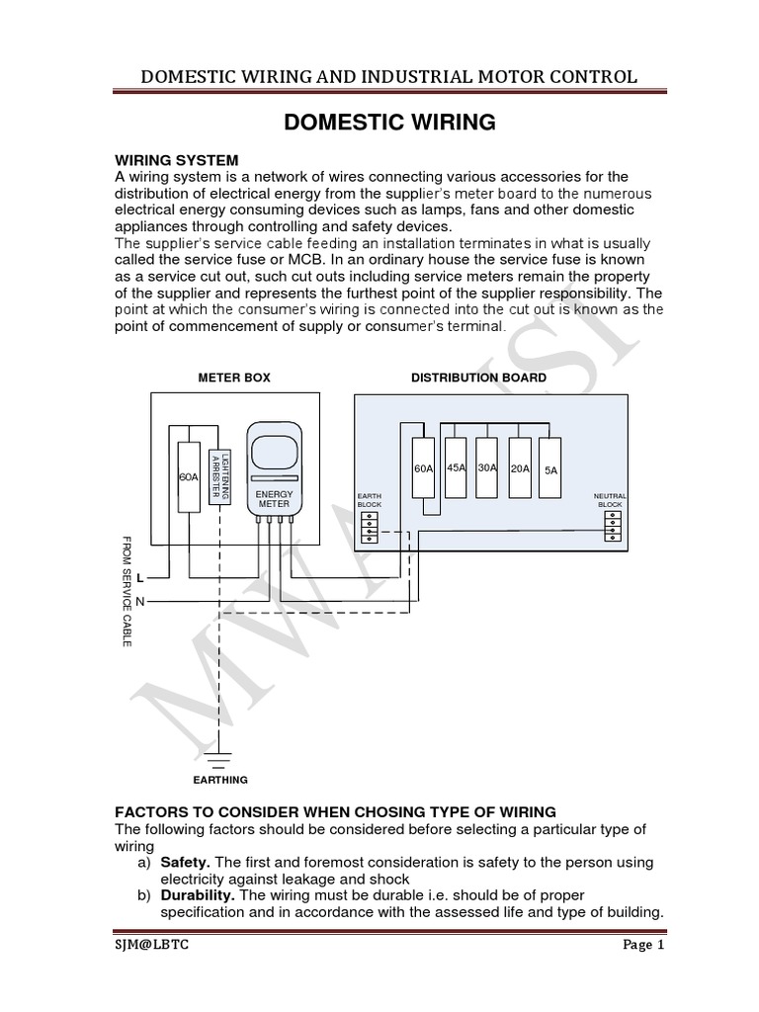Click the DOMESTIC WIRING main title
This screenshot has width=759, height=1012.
(x=389, y=123)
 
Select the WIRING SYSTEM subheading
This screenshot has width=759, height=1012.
(x=177, y=160)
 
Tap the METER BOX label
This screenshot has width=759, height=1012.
(x=234, y=378)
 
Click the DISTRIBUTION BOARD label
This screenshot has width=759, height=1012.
(x=478, y=378)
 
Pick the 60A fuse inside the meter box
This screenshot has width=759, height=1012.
(x=189, y=476)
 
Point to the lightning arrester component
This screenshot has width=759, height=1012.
(x=220, y=478)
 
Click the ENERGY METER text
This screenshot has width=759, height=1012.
(x=274, y=498)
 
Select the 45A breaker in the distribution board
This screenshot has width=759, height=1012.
(x=456, y=467)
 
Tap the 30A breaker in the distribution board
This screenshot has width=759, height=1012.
(x=486, y=467)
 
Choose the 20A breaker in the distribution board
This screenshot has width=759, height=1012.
(x=519, y=468)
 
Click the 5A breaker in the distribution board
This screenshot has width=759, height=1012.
(x=550, y=470)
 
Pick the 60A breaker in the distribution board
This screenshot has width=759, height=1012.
(x=423, y=469)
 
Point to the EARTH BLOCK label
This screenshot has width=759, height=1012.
(x=369, y=500)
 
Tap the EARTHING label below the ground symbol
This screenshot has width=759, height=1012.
(x=220, y=780)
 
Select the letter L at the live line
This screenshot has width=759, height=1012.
(x=140, y=577)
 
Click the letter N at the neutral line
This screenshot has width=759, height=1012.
(x=140, y=601)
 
